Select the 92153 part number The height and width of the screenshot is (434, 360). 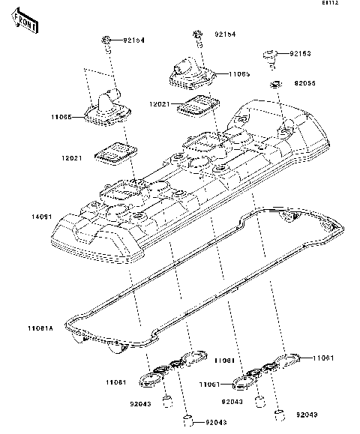point(301,54)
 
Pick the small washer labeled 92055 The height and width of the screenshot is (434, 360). point(277,82)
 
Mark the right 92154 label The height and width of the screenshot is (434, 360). point(225,34)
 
